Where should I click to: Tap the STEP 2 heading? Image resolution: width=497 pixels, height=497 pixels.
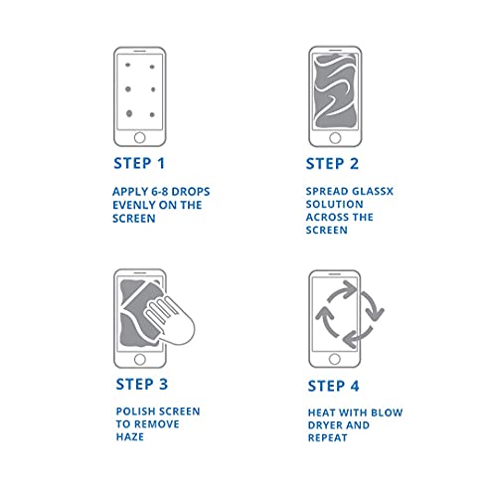pyautogui.click(x=344, y=164)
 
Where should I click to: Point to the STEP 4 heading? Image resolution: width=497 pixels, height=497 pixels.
pyautogui.click(x=344, y=381)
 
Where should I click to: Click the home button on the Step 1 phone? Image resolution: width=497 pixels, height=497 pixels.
pyautogui.click(x=140, y=136)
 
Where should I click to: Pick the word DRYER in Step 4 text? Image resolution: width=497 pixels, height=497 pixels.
pyautogui.click(x=326, y=425)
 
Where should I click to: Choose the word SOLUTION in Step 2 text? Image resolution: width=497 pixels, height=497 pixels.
pyautogui.click(x=334, y=204)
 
